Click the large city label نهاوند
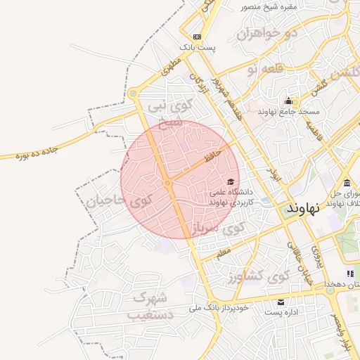pos(304,208)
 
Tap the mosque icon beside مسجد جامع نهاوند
pos(289,101)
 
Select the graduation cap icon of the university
pos(231,182)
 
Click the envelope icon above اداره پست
pos(281,302)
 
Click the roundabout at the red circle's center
pos(167,184)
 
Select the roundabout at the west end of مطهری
pos(133,93)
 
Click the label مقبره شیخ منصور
pos(270,6)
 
